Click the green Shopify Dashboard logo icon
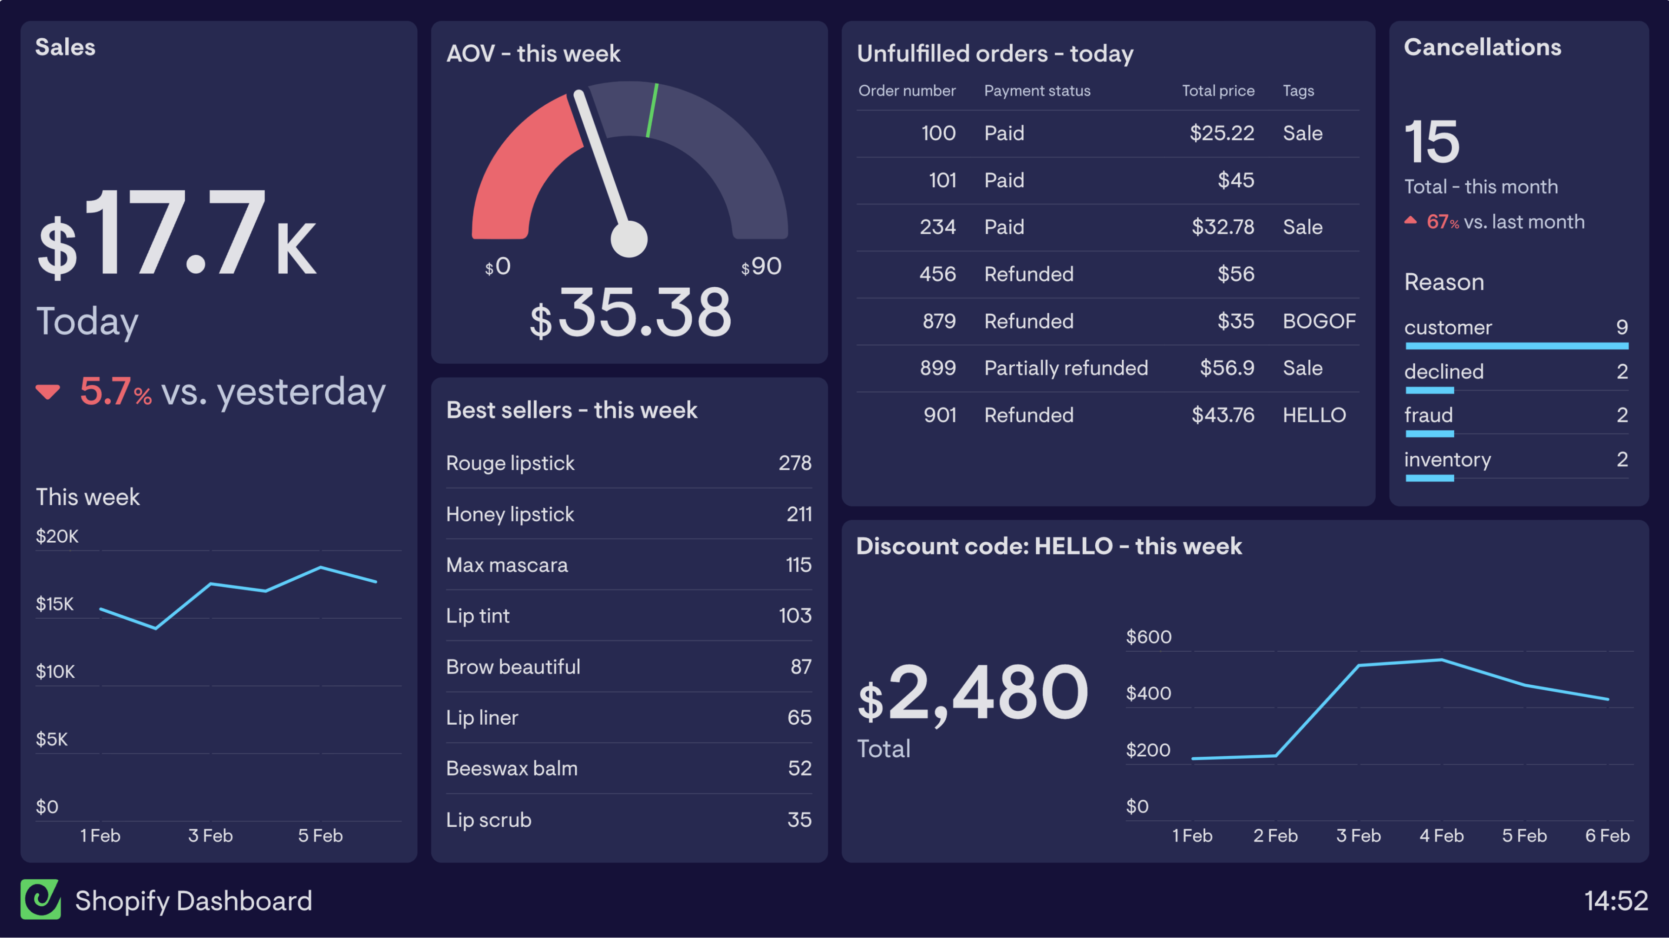(40, 899)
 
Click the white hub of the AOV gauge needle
(628, 239)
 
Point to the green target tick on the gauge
(652, 110)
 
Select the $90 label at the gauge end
(762, 266)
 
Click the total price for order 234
(1223, 227)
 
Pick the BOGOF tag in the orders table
(1319, 322)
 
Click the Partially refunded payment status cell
(1066, 368)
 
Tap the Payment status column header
(1037, 91)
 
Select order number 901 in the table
(939, 415)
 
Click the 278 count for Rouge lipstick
(795, 463)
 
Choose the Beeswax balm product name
(511, 768)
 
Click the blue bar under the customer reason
(1516, 346)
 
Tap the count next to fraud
(1621, 415)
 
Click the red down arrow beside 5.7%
(48, 392)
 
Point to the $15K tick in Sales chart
(55, 604)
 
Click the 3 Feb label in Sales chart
(210, 835)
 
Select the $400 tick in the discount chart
(1148, 693)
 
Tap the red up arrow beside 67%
(1410, 220)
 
